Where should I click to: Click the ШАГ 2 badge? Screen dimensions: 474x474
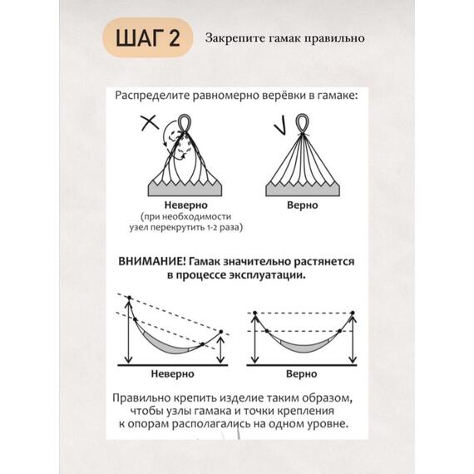(148, 37)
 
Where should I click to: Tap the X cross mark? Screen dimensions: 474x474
(150, 123)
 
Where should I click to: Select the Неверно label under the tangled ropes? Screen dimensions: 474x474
(185, 205)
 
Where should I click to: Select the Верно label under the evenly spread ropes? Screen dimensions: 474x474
(303, 205)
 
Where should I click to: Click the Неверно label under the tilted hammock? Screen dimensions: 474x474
(172, 373)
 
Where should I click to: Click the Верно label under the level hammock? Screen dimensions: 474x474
(301, 373)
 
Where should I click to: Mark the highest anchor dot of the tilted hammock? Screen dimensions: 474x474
(130, 298)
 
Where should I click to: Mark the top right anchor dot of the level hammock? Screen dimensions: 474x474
(353, 313)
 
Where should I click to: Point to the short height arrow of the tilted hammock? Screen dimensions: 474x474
(220, 350)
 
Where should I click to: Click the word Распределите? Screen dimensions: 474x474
(152, 96)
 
